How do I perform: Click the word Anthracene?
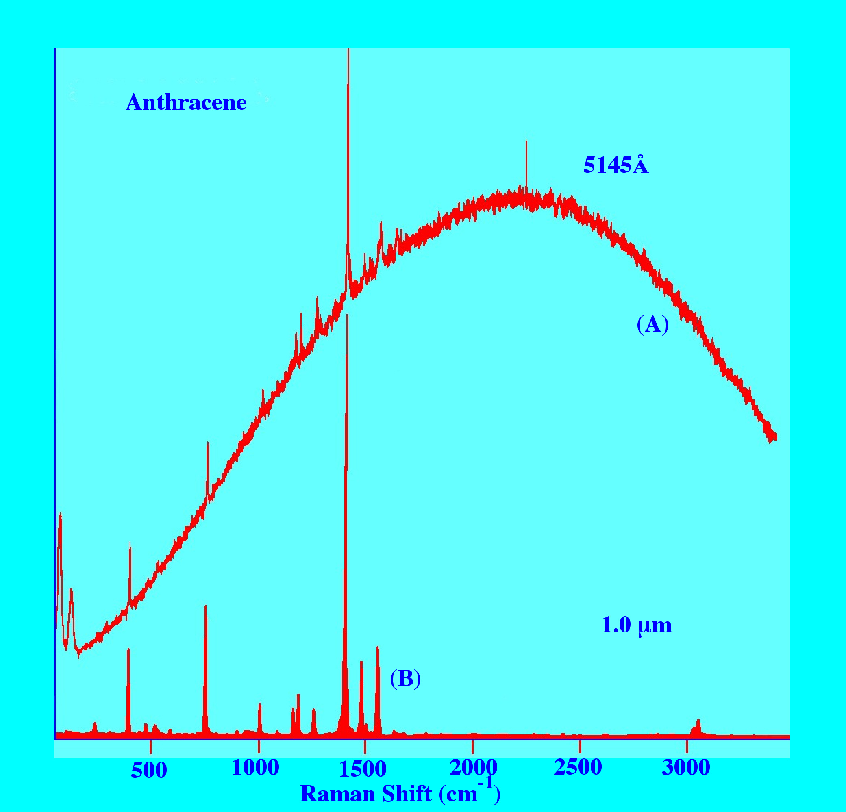tap(186, 103)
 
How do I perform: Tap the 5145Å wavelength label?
tap(615, 165)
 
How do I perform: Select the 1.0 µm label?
tap(636, 625)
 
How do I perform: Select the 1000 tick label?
tap(256, 768)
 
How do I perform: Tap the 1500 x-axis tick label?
tap(363, 769)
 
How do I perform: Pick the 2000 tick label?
tap(473, 768)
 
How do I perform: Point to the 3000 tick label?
tap(686, 768)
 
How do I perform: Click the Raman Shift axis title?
tap(400, 793)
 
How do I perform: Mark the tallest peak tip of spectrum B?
tap(347, 316)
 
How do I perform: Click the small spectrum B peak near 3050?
tap(698, 721)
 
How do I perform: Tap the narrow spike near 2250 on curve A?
tap(526, 141)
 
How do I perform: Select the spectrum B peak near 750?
tap(205, 608)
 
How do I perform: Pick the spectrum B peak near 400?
tap(128, 650)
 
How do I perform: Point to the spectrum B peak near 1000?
tap(260, 705)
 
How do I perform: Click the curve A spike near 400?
tap(130, 545)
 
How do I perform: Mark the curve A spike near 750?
tap(208, 443)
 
